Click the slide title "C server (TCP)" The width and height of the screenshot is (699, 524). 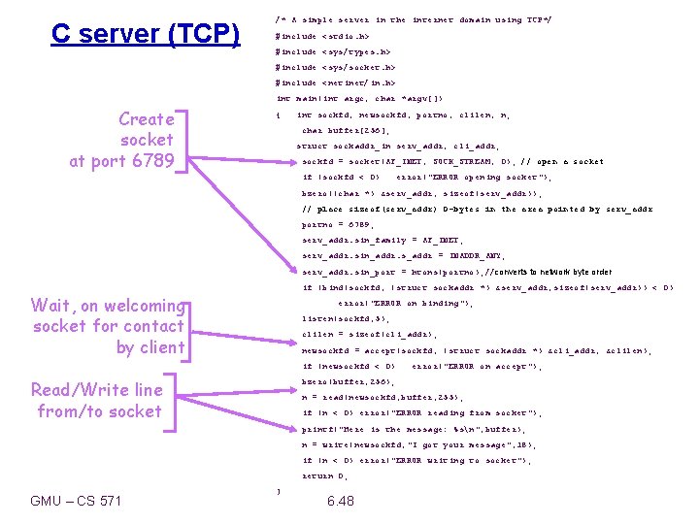pos(146,35)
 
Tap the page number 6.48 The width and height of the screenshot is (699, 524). pos(341,501)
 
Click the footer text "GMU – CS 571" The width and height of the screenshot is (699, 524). pos(77,501)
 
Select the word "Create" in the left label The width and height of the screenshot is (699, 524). pos(146,119)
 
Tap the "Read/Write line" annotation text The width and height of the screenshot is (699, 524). pos(97,390)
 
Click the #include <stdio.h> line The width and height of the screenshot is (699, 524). pos(322,36)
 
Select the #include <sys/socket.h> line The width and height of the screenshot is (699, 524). pos(336,67)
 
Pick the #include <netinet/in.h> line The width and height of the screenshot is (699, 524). pos(336,83)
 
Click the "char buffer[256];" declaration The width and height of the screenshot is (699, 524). pos(346,130)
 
